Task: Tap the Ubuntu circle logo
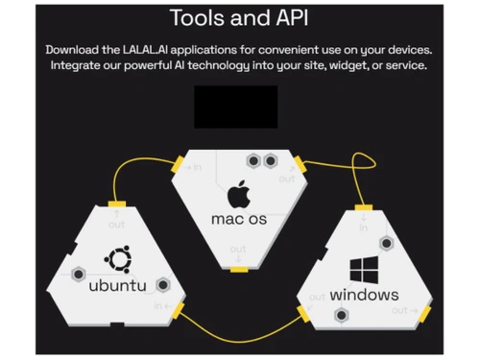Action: [x=117, y=258]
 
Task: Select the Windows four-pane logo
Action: [x=364, y=268]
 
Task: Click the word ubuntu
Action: [x=117, y=285]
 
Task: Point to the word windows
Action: [x=364, y=295]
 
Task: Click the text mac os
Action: [x=239, y=219]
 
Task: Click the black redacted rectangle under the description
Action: [x=235, y=107]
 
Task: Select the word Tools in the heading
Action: [x=198, y=17]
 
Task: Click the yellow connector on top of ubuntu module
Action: [x=115, y=202]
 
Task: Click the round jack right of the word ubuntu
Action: [x=163, y=285]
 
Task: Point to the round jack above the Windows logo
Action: [x=386, y=244]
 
